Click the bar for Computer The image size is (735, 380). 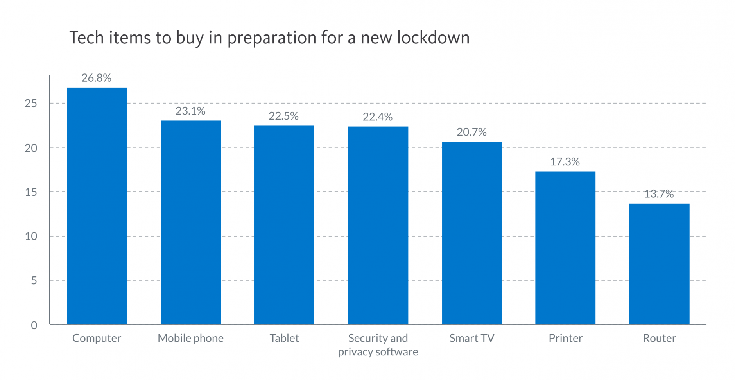click(x=97, y=206)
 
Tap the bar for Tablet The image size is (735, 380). click(x=284, y=225)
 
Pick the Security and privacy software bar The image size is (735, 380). click(x=378, y=225)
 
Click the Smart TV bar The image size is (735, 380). click(x=472, y=233)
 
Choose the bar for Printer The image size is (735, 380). click(x=565, y=247)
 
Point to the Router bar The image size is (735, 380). click(x=659, y=263)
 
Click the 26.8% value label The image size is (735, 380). click(x=97, y=78)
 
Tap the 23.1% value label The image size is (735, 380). click(x=190, y=111)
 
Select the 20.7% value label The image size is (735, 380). click(x=471, y=132)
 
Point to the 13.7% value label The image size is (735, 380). click(x=659, y=194)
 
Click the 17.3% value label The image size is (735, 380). click(x=565, y=162)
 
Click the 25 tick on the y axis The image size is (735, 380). click(x=31, y=104)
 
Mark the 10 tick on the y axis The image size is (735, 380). click(x=31, y=237)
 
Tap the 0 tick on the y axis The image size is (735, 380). click(x=34, y=325)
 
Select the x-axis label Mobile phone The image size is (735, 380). click(x=190, y=338)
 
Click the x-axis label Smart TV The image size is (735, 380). click(x=472, y=338)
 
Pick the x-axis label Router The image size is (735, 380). click(x=659, y=338)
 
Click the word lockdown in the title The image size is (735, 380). click(x=433, y=38)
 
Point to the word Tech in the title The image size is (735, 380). click(x=86, y=38)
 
